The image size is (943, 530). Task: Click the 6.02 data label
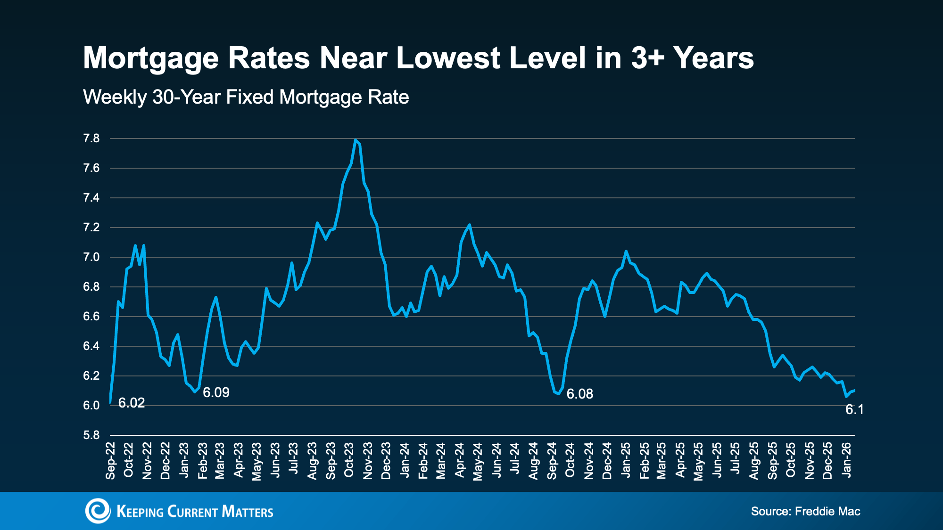click(131, 403)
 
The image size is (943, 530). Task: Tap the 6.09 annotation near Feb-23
click(216, 392)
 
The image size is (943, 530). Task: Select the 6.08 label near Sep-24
click(579, 394)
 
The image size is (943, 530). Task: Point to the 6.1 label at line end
click(854, 409)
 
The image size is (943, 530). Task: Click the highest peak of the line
click(355, 140)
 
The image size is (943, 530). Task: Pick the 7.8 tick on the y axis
click(91, 139)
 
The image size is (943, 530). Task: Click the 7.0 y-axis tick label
click(91, 257)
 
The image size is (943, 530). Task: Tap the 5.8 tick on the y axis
click(91, 435)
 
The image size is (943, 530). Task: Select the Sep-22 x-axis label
click(110, 460)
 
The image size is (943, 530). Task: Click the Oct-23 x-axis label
click(349, 460)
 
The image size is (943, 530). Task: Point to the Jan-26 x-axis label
click(847, 460)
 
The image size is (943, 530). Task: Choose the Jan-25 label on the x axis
click(626, 460)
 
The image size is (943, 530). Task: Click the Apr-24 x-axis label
click(460, 460)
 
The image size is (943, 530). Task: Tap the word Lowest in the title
click(448, 58)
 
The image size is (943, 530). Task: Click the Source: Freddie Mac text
click(805, 511)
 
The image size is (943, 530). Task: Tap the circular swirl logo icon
click(98, 511)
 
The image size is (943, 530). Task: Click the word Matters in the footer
click(247, 512)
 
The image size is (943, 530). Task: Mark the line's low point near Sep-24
click(559, 394)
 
